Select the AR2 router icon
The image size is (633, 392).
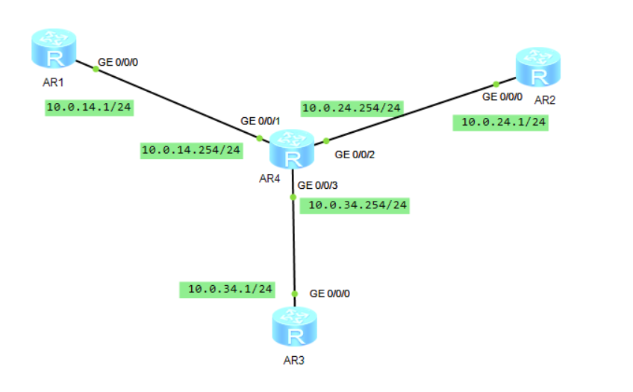pos(537,69)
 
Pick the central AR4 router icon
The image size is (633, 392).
pos(292,149)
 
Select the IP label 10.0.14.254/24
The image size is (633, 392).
pos(191,150)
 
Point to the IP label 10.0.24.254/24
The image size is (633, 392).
pos(352,108)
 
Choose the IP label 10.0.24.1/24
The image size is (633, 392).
pos(501,122)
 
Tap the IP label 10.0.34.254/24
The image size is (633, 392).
pos(355,205)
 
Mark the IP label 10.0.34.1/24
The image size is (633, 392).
pos(227,288)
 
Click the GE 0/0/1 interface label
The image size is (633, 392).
pos(259,120)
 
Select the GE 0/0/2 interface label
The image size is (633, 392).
pos(355,155)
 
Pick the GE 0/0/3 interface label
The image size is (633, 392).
pos(317,184)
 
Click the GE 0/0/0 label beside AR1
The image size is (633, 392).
pos(119,63)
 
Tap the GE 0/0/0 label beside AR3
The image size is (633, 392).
pos(329,293)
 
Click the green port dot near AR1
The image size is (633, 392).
pos(96,69)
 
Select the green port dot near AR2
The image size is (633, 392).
pos(495,84)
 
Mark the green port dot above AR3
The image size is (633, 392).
pos(295,294)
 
